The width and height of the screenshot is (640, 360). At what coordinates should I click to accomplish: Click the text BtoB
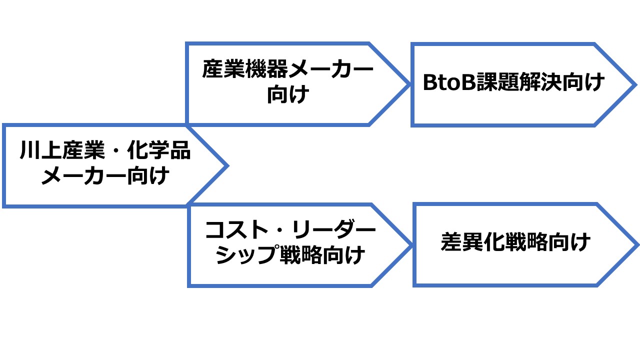coord(449,82)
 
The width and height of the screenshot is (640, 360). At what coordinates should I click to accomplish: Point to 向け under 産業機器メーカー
coord(288,94)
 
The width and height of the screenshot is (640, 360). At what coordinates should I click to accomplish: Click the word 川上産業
coord(62,149)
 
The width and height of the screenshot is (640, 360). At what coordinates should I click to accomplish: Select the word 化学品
coord(159,149)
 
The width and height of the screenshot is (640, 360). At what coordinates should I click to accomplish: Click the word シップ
coord(247,254)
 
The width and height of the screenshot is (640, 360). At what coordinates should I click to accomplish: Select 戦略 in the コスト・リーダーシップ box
coord(301,254)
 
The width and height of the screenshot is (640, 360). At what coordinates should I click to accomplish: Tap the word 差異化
coord(473,241)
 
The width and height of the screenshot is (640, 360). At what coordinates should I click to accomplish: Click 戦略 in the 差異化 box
coord(526,241)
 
